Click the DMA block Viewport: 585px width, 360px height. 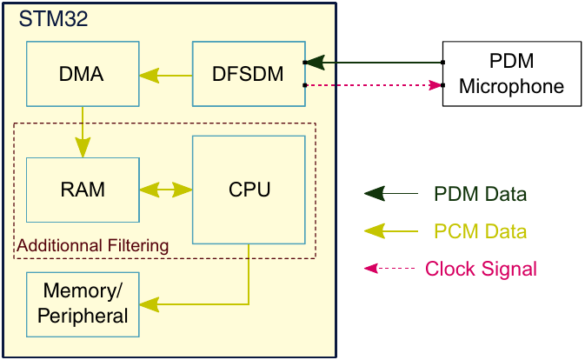click(83, 74)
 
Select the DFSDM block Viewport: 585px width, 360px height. click(248, 74)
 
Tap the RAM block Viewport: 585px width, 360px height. click(83, 190)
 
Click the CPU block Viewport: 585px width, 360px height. click(249, 190)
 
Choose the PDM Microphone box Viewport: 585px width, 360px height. click(511, 74)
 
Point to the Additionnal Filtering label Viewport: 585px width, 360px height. click(92, 246)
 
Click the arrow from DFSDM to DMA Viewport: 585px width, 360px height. click(165, 75)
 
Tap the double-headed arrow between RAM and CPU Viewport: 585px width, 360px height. click(165, 190)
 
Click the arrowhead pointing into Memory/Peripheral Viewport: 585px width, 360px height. click(150, 303)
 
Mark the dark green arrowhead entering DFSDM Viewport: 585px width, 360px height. click(315, 63)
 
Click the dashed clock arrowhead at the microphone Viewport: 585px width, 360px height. click(435, 85)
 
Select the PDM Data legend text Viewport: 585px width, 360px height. click(481, 193)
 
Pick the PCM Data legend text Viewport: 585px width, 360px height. click(481, 231)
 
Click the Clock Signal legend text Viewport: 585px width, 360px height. click(481, 269)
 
